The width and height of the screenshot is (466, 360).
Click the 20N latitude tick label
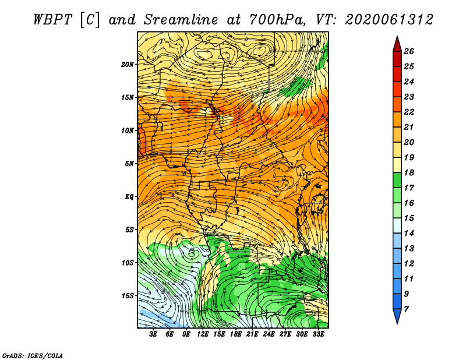tap(128, 64)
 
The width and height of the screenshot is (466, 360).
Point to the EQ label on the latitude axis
tap(129, 197)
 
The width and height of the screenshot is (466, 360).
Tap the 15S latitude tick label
tap(128, 296)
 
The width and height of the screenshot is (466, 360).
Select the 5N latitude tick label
tap(129, 164)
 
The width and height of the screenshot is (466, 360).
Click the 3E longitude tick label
tap(153, 334)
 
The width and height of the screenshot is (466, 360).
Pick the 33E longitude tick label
tap(318, 334)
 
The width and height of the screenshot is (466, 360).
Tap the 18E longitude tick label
tap(236, 334)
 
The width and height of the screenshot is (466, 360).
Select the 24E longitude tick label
tap(269, 334)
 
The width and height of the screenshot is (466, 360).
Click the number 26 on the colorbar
tap(409, 51)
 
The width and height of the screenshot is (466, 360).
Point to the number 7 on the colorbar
tap(406, 309)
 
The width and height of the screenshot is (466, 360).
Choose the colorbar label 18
tap(409, 172)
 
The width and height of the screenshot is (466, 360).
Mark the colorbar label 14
tap(409, 234)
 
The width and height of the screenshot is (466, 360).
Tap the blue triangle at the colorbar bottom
tap(397, 315)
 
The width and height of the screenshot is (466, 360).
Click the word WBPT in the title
tap(53, 20)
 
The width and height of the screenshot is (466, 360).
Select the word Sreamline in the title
tap(181, 20)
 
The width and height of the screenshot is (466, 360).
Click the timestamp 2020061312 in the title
tap(389, 20)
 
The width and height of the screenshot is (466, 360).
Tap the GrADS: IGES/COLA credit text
tap(33, 355)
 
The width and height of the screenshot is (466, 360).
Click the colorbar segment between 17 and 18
tap(397, 180)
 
